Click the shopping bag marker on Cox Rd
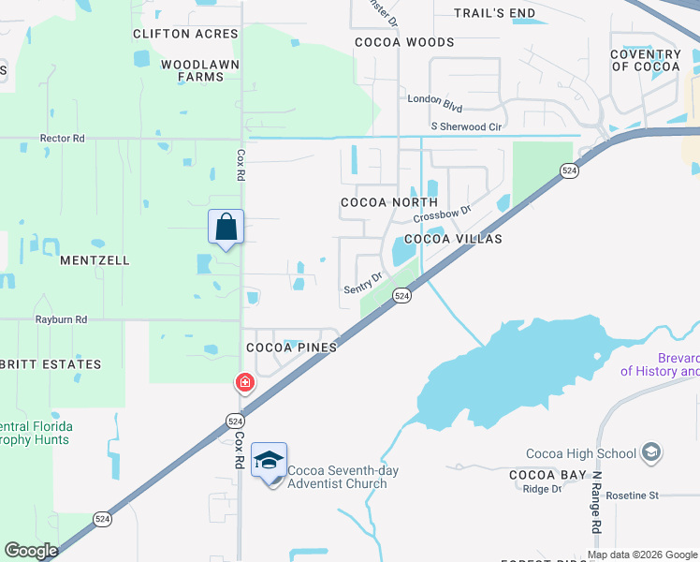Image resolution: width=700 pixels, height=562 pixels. click(226, 228)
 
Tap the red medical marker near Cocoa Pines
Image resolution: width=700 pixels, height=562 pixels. click(244, 382)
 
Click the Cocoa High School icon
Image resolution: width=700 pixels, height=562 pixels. click(649, 454)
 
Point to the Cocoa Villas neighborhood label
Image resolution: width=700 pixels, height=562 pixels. click(453, 239)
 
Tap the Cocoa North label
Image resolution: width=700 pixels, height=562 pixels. click(389, 202)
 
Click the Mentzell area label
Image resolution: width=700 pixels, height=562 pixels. click(95, 260)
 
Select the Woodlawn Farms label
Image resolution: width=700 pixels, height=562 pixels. click(199, 70)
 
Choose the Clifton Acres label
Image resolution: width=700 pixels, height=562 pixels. click(186, 34)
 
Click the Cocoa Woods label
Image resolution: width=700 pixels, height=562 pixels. click(404, 42)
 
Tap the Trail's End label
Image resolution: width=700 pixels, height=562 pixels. click(494, 13)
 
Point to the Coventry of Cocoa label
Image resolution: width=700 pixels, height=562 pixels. click(646, 61)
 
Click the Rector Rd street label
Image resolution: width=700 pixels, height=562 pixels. click(63, 138)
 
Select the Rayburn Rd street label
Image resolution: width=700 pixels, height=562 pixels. click(61, 319)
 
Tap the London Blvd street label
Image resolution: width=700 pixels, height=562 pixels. click(435, 98)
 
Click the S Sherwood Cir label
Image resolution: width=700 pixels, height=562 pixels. click(466, 126)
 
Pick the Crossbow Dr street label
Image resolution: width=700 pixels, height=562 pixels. click(442, 215)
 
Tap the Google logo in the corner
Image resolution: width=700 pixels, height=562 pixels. click(31, 551)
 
